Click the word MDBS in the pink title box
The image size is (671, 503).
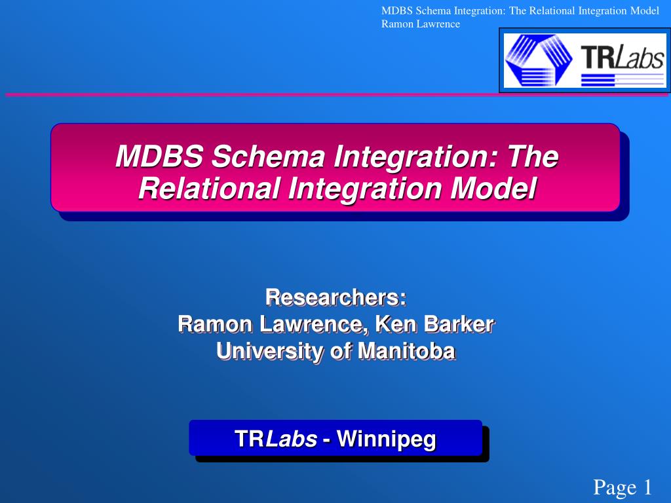coord(159,156)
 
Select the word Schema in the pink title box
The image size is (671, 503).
coord(268,156)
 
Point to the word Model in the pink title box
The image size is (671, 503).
coord(493,188)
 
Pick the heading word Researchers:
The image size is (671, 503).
coord(336,297)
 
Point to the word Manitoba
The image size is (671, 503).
coord(406,351)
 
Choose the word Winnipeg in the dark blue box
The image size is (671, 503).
coord(387,439)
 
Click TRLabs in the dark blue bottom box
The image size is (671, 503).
coord(276,439)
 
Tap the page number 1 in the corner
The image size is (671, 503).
coord(647,487)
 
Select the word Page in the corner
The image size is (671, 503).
coord(615,487)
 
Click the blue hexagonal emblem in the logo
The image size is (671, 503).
coord(539,60)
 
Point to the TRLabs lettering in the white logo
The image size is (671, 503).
coord(623,57)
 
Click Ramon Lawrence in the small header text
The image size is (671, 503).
coord(421,24)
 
